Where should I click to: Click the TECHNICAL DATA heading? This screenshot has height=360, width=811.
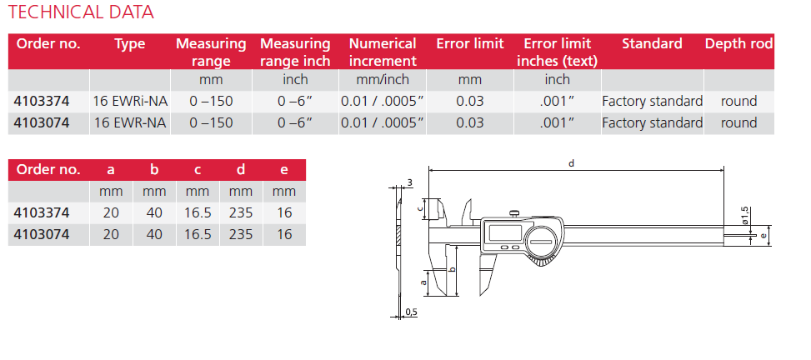click(81, 12)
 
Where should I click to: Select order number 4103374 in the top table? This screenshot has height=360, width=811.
click(42, 102)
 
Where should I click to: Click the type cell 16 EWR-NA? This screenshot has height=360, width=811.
click(130, 123)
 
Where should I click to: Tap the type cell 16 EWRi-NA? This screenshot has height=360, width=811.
click(130, 102)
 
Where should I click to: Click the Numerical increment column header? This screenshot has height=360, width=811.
click(383, 52)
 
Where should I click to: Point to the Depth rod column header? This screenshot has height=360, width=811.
click(738, 44)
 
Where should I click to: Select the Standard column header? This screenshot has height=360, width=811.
click(652, 44)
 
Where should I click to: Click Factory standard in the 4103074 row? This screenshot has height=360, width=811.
click(652, 123)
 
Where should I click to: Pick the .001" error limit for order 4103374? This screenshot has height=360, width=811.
click(557, 102)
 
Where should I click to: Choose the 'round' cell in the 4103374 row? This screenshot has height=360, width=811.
click(738, 102)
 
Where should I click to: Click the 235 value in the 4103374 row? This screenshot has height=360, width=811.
click(241, 213)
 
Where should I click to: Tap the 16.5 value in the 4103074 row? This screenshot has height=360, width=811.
click(198, 235)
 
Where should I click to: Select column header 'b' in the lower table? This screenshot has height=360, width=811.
click(154, 170)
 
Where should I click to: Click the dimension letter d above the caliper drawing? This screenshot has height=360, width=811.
click(571, 164)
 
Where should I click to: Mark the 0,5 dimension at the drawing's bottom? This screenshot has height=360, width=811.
click(410, 312)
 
